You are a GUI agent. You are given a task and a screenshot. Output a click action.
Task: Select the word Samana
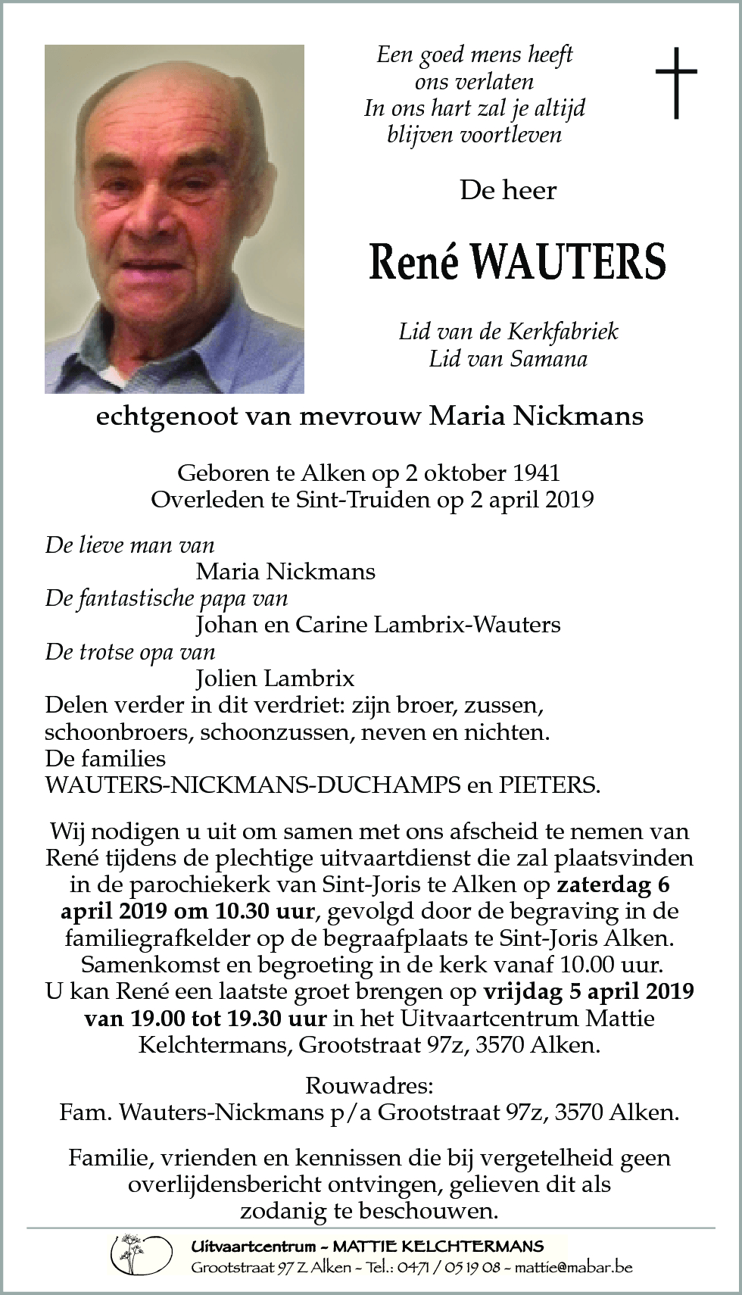(x=550, y=358)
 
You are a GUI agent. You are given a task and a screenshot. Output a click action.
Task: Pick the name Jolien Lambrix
(x=275, y=678)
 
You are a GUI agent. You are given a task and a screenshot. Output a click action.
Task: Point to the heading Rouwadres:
(x=369, y=1086)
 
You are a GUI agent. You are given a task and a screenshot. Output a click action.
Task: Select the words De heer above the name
(x=508, y=190)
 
